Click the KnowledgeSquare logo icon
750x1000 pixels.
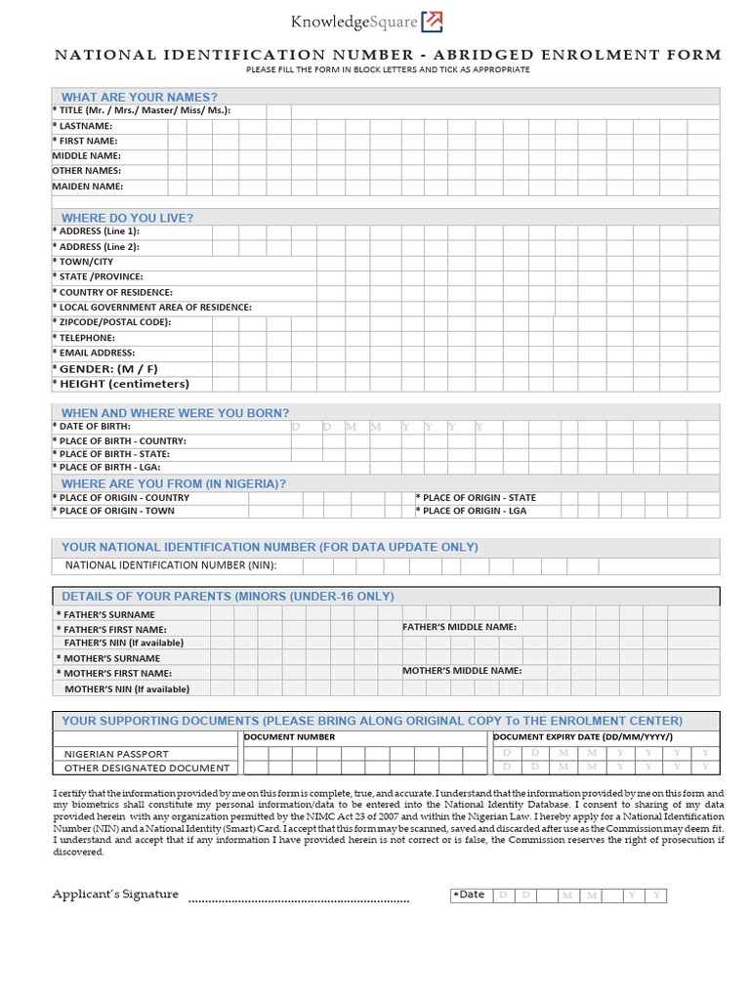432,21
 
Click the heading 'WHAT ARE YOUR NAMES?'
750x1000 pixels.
139,97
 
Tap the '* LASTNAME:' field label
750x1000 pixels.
83,126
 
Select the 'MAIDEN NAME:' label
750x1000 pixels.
88,186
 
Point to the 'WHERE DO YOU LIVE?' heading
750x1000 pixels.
127,218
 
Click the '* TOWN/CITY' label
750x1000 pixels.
83,262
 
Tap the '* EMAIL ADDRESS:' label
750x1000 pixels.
94,353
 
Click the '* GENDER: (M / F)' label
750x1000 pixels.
105,368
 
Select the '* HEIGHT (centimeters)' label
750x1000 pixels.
121,384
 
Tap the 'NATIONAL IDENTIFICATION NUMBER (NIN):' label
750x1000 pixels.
171,565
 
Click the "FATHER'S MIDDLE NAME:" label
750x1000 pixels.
460,627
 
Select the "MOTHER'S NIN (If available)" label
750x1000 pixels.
126,688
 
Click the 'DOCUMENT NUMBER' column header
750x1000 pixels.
289,737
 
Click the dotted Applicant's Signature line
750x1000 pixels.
298,899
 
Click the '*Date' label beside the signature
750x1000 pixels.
471,895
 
